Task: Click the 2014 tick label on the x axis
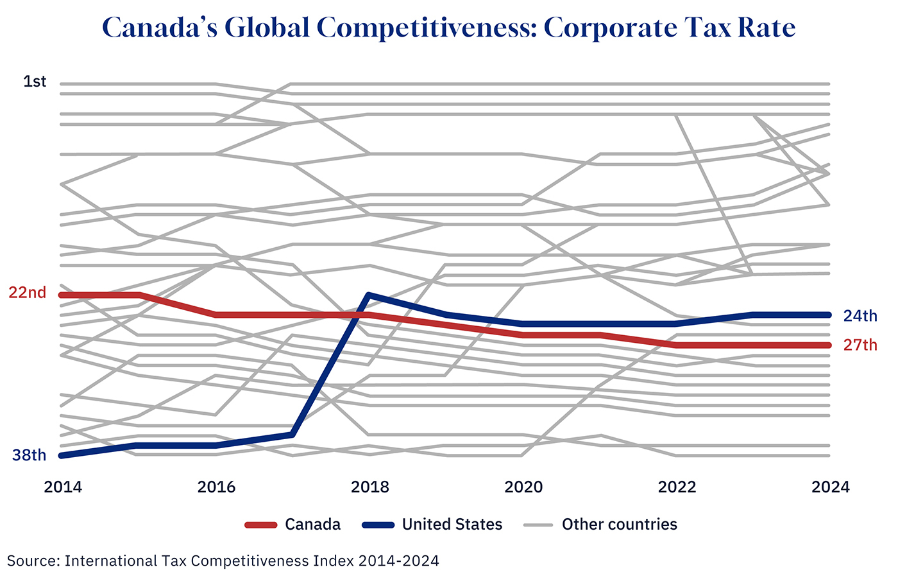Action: [63, 487]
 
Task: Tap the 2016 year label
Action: [216, 487]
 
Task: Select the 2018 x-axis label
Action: [370, 487]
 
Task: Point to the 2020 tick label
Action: [523, 487]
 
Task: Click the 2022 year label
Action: [677, 487]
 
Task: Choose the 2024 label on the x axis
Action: [830, 487]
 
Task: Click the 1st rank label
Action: [35, 82]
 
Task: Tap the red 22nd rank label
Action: [28, 293]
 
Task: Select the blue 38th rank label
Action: [30, 455]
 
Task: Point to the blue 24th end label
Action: [860, 315]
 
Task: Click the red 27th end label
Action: [860, 345]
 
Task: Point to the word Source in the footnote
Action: [33, 561]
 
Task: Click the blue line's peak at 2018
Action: [369, 295]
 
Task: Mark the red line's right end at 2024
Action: [829, 345]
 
